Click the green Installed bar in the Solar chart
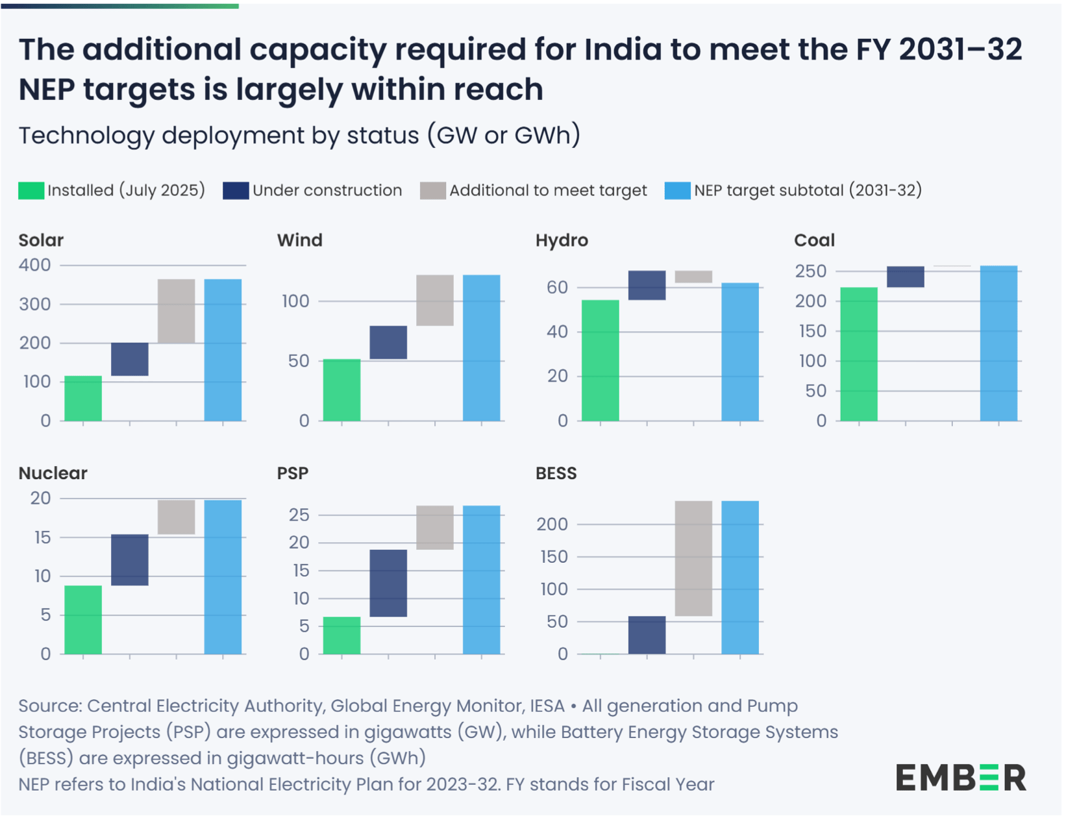(x=83, y=399)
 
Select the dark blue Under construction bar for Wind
(x=388, y=343)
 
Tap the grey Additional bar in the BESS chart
(x=693, y=558)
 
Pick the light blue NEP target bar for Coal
(x=998, y=343)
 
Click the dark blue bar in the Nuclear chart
(x=130, y=560)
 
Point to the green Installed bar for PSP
(x=341, y=636)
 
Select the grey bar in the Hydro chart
(x=693, y=277)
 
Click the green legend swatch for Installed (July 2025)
(x=31, y=191)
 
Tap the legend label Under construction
(x=327, y=191)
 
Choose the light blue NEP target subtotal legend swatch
(x=677, y=191)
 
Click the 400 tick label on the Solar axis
(x=35, y=266)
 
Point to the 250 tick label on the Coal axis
(x=811, y=271)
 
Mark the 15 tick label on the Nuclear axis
(x=42, y=538)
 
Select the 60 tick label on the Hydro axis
(x=557, y=288)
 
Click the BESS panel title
(x=556, y=473)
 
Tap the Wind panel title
(x=299, y=240)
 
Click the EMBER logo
(x=960, y=778)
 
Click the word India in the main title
(x=622, y=50)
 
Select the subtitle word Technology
(x=86, y=136)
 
